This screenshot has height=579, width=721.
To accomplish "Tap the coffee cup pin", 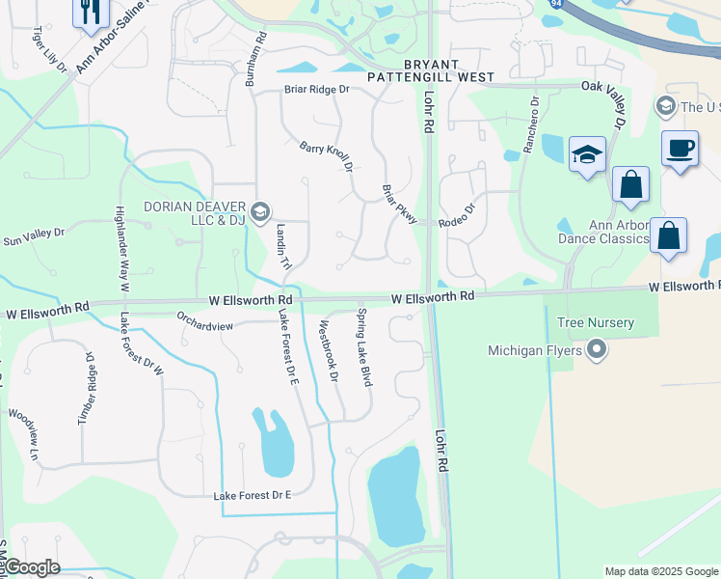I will [681, 148].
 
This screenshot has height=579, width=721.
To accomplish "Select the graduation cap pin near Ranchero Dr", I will [586, 154].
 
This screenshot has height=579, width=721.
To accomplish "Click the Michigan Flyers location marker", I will [597, 349].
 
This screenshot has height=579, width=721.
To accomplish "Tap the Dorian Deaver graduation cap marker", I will [258, 211].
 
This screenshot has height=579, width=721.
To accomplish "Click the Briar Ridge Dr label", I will [315, 90].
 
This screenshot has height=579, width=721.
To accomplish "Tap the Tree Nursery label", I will [601, 322].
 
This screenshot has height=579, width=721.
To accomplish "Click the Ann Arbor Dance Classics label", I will [604, 232].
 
